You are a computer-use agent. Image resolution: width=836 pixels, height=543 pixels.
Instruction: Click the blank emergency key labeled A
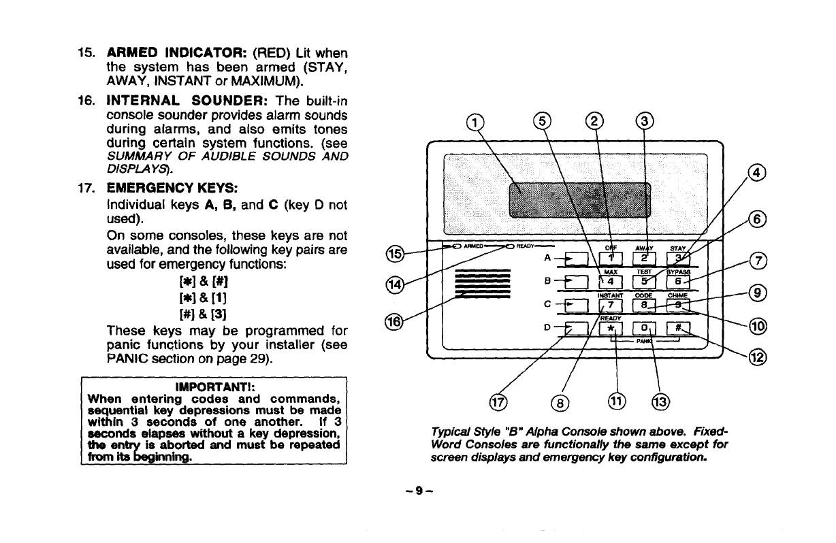tap(577, 259)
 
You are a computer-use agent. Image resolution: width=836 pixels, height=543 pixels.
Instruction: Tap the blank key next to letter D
tap(577, 330)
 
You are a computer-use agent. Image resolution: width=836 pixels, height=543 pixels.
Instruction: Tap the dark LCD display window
tap(579, 197)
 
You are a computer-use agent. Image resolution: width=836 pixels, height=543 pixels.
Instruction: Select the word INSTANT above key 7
tap(609, 295)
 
